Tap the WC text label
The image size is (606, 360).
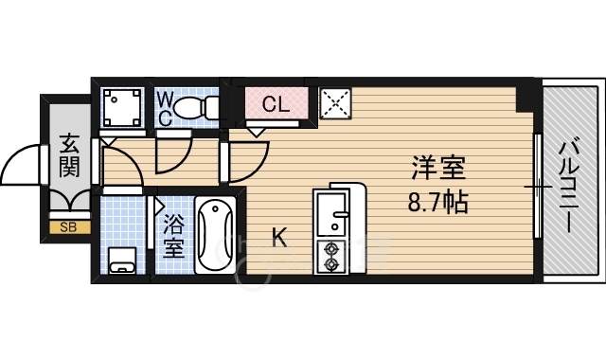(x=164, y=107)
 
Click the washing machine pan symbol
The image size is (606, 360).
(x=121, y=106)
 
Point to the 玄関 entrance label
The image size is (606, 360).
(x=69, y=156)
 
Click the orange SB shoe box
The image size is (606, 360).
(x=68, y=226)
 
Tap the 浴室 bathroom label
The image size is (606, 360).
(x=172, y=237)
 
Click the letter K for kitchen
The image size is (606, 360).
(x=280, y=237)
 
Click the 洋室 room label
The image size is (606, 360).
(x=437, y=171)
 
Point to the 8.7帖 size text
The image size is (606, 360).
(x=437, y=202)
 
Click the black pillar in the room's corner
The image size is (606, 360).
(x=524, y=96)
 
